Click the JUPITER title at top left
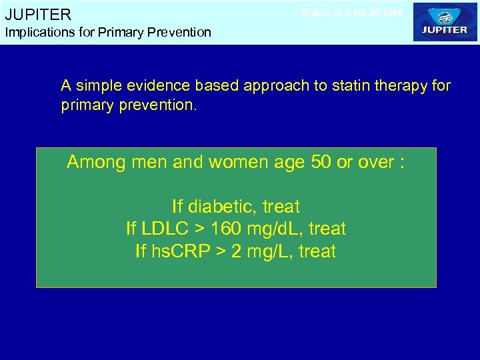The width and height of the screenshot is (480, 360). click(38, 14)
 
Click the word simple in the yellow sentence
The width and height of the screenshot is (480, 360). click(98, 86)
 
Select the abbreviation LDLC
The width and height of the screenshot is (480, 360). click(163, 229)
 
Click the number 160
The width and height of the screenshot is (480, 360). click(226, 229)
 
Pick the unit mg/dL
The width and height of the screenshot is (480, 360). click(275, 229)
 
